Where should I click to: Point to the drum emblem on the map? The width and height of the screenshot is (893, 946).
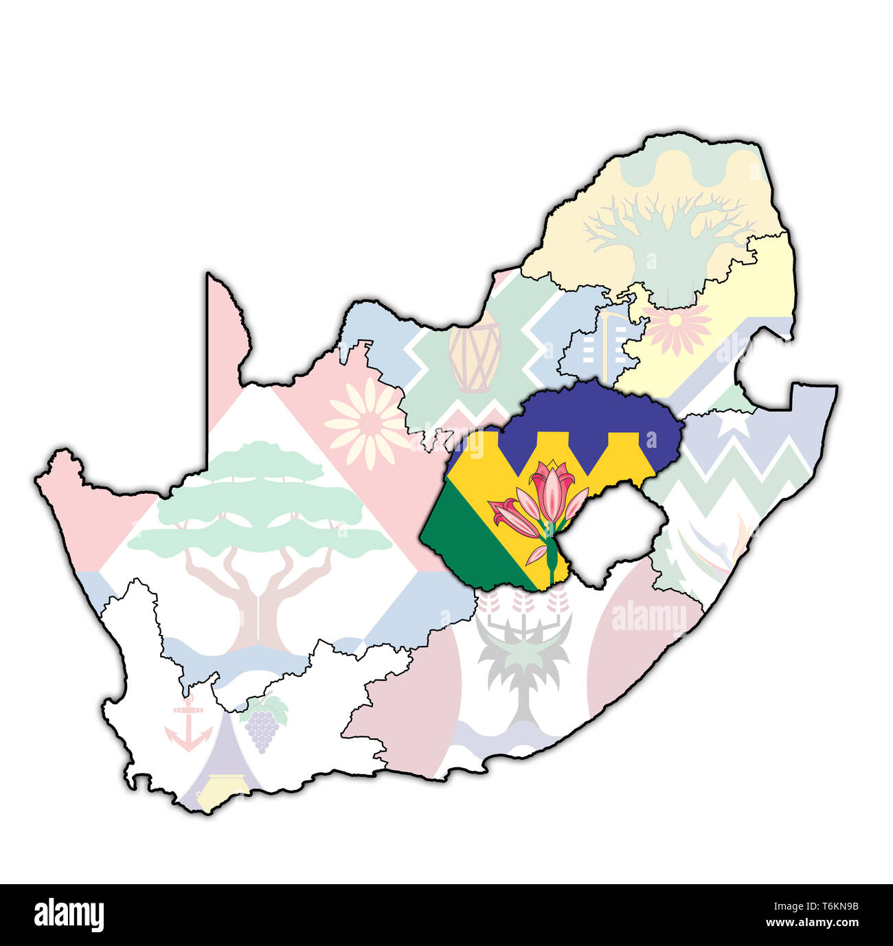pos(475,357)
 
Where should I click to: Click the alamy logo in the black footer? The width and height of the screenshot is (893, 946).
pos(69,914)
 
